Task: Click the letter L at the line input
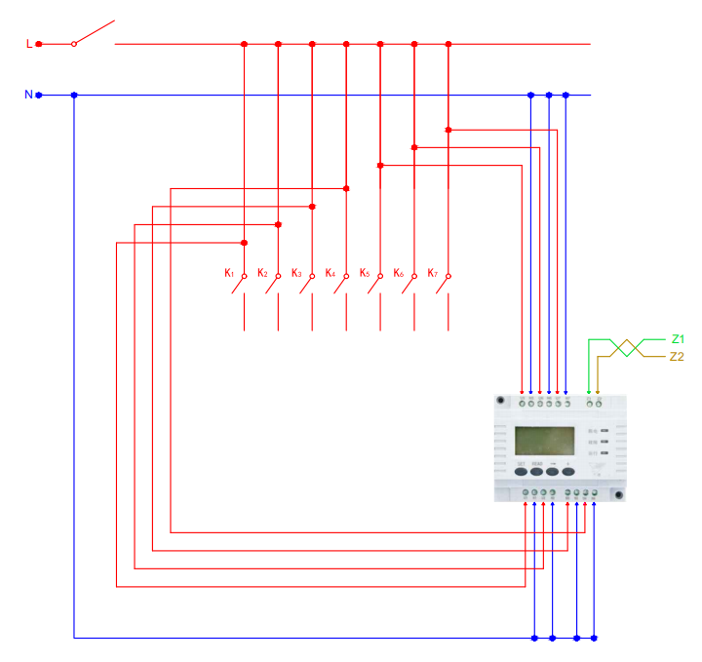click(x=28, y=44)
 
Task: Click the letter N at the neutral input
click(x=28, y=95)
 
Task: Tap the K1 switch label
click(x=229, y=273)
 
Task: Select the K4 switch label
click(x=331, y=273)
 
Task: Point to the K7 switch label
click(x=433, y=273)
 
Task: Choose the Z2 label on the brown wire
click(x=678, y=357)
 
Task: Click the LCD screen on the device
click(x=545, y=442)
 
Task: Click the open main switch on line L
click(x=94, y=34)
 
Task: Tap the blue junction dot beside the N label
click(x=39, y=95)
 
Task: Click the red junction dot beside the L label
click(x=39, y=44)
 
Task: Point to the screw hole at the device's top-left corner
click(x=500, y=400)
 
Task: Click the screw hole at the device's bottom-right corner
click(x=617, y=494)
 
